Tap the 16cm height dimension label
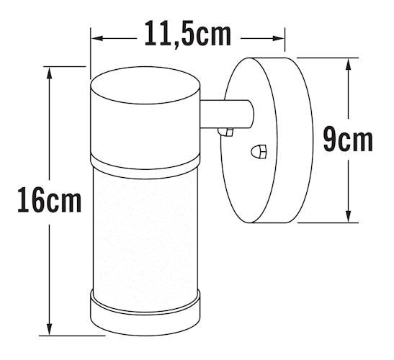[48, 199]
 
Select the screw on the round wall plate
[259, 152]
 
